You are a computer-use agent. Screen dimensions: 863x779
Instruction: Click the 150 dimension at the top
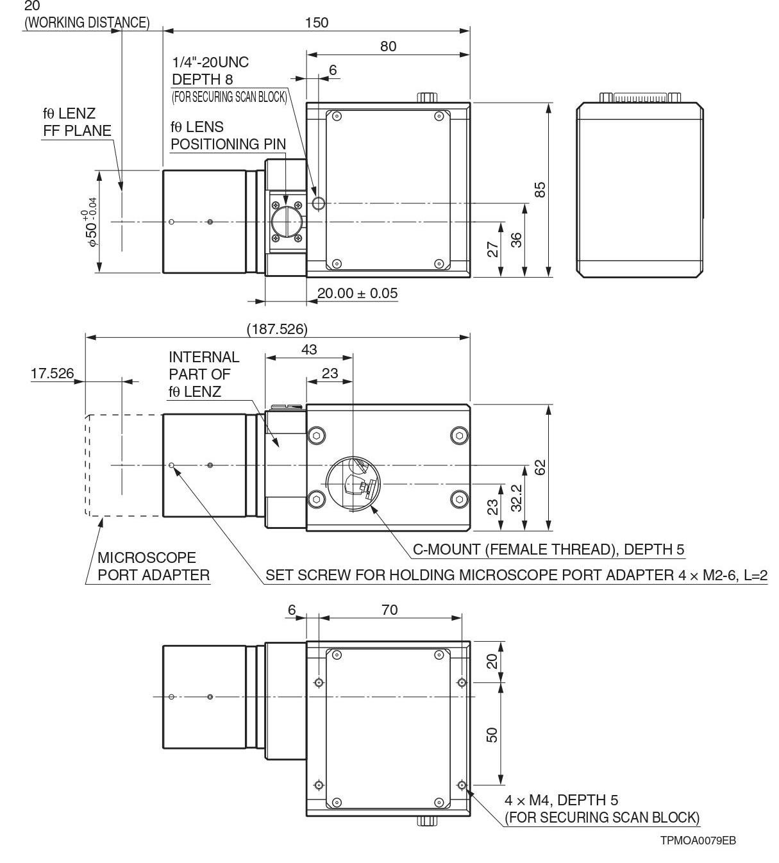coord(316,22)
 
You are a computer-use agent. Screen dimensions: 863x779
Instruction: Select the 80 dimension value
coord(388,46)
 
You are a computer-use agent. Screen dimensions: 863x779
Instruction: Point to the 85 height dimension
coord(540,190)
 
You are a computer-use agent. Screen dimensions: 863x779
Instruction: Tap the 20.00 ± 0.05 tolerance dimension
coord(357,294)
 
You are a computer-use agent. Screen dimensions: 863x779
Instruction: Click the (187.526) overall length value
coord(277,329)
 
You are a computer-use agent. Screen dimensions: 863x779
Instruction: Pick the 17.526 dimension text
coord(52,373)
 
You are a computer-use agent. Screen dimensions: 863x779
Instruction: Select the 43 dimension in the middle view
coord(309,349)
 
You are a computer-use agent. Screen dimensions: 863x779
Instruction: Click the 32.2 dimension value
coord(516,498)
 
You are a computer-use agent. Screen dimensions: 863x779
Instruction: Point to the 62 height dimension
coord(540,467)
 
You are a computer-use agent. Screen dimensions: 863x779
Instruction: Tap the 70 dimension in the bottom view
coord(389,610)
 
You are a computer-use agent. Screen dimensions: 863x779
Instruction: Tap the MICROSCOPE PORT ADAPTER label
coord(153,566)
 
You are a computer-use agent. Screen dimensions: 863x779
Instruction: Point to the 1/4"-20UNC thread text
coord(210,62)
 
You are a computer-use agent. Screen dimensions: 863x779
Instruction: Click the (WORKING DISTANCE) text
coord(87,22)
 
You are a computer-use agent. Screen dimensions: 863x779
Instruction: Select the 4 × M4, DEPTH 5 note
coord(561,800)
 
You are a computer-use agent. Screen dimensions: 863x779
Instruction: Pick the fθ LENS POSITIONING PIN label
coord(228,135)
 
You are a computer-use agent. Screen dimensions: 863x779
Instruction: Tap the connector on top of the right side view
coord(641,98)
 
